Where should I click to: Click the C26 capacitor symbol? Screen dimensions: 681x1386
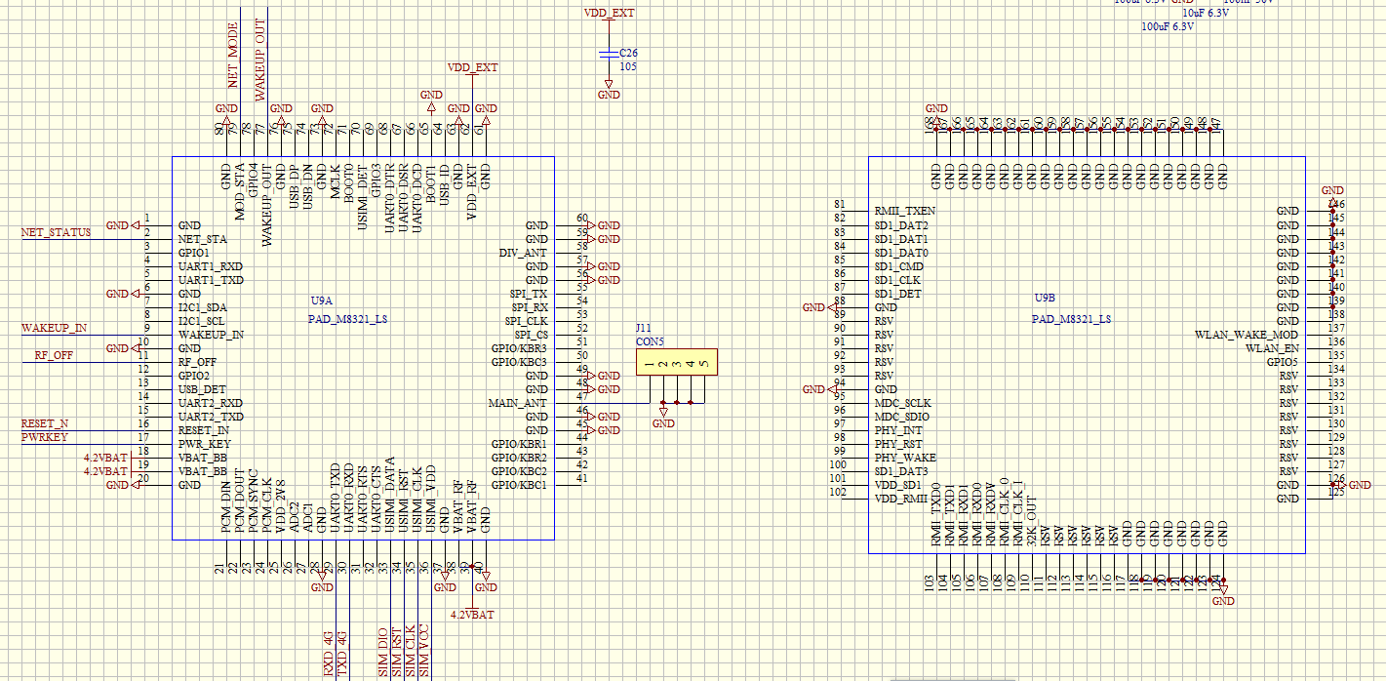(609, 53)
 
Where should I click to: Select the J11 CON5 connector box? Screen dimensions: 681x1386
(676, 363)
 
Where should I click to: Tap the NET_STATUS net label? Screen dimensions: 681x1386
(56, 232)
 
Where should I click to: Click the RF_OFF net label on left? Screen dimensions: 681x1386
(54, 356)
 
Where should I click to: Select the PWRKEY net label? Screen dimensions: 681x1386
(45, 437)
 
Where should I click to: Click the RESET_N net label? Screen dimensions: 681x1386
(45, 423)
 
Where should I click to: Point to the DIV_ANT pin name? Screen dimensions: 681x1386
(523, 253)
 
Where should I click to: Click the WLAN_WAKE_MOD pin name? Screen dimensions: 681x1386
(1247, 335)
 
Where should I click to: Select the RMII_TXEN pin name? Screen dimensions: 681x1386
(904, 211)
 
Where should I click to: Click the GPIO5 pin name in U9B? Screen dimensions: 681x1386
(1283, 362)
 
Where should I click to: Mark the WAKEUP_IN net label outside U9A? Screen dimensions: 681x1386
(54, 328)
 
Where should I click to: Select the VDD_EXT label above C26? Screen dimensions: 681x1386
(609, 14)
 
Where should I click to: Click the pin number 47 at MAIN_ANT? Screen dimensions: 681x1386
(581, 396)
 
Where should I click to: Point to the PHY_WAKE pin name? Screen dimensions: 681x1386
(904, 458)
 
